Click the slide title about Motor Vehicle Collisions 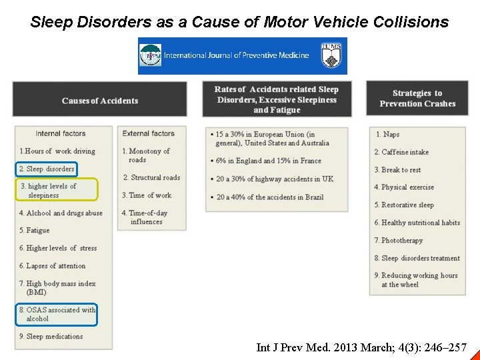(x=239, y=22)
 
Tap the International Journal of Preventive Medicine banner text (x=236, y=55)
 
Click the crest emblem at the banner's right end (x=331, y=56)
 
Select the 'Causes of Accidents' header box (x=100, y=101)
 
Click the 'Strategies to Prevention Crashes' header (x=417, y=99)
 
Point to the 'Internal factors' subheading (x=61, y=134)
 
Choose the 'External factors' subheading (x=148, y=134)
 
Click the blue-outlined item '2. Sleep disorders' (x=47, y=169)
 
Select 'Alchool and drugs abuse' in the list (x=61, y=213)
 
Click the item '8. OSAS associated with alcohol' (x=57, y=314)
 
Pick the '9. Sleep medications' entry (x=51, y=337)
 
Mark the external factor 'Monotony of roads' (x=146, y=155)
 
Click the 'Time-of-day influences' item (x=145, y=217)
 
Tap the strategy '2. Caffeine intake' (x=401, y=152)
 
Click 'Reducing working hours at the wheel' (x=416, y=280)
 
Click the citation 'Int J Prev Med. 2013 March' (x=361, y=347)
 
